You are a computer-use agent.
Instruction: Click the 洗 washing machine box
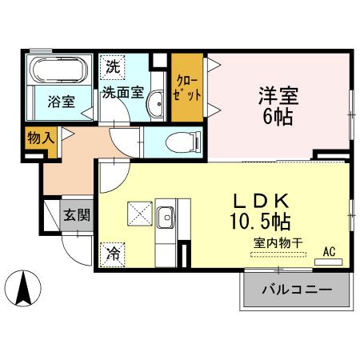click(x=110, y=67)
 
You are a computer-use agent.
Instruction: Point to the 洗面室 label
click(x=122, y=91)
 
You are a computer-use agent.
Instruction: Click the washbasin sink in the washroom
click(x=158, y=103)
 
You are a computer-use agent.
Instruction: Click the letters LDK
click(x=260, y=199)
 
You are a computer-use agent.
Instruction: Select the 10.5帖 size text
click(x=262, y=218)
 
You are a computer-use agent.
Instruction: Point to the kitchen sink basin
click(x=166, y=217)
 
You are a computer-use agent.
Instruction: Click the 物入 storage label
click(x=40, y=138)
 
